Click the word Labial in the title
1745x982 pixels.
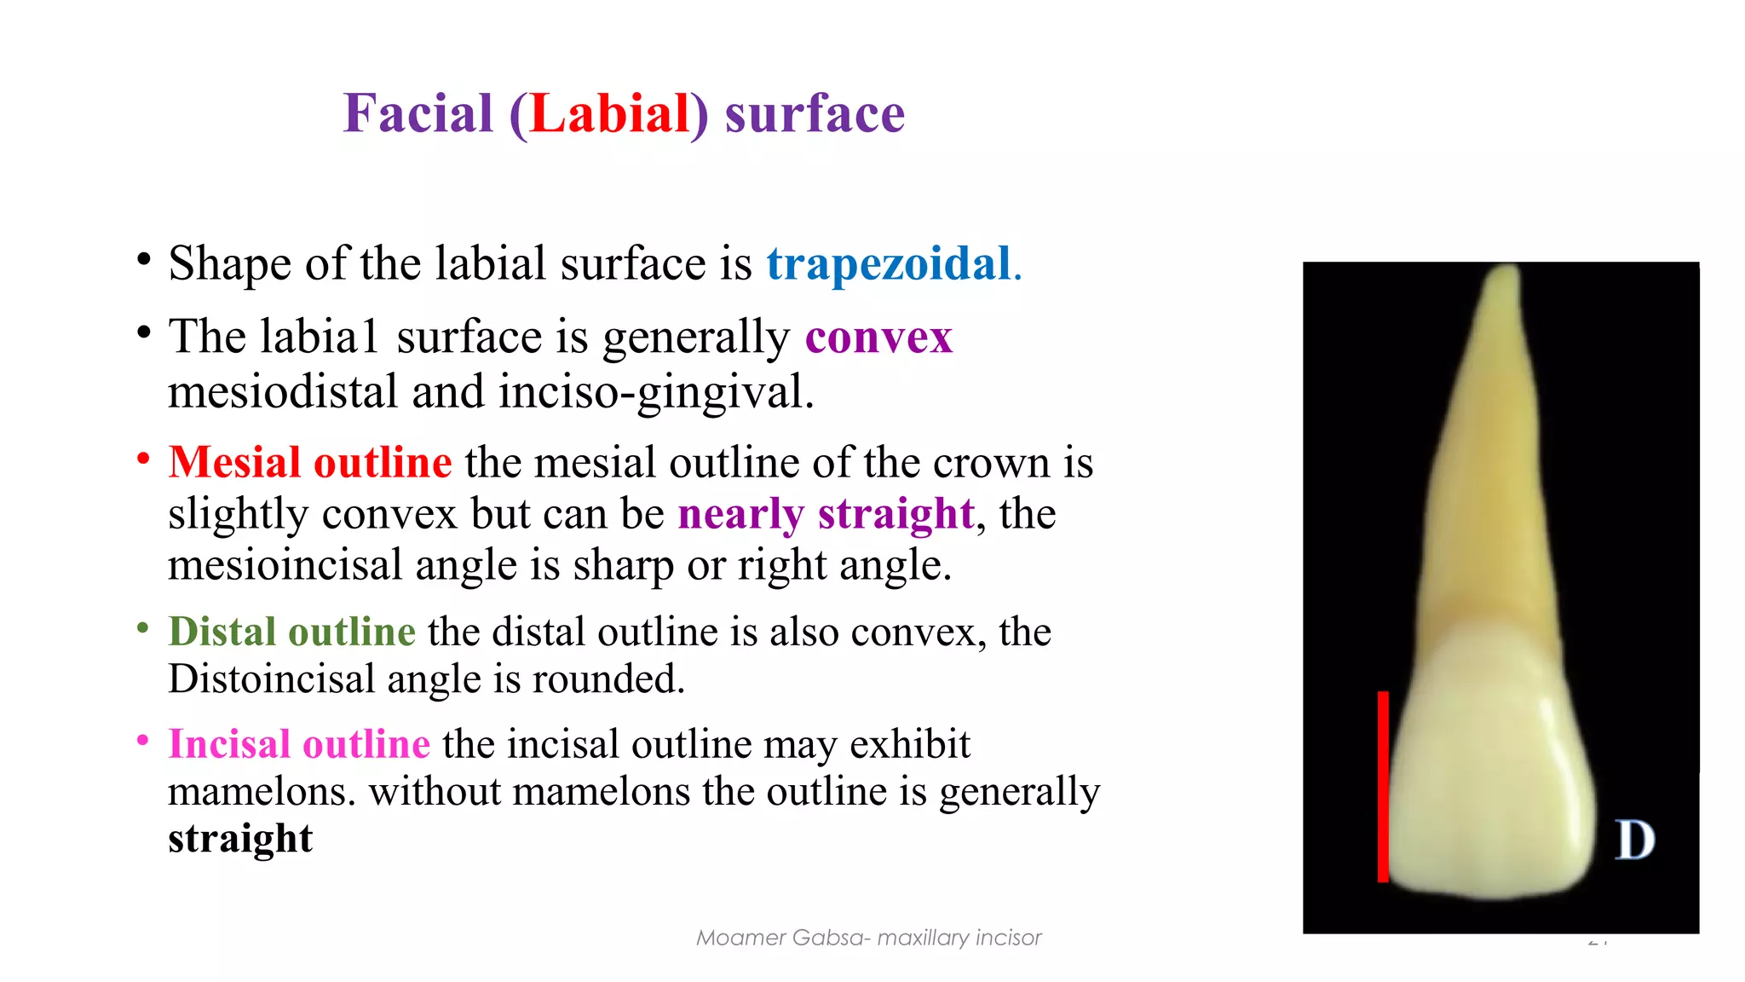(x=609, y=113)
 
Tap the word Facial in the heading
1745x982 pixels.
(x=418, y=113)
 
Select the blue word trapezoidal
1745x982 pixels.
(x=889, y=263)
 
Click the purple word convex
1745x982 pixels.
(x=878, y=337)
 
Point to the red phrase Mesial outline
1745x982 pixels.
(x=310, y=463)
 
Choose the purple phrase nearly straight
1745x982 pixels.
(x=826, y=514)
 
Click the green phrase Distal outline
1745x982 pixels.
(x=291, y=632)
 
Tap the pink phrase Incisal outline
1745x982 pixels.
(x=299, y=744)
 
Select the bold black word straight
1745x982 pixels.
(x=240, y=838)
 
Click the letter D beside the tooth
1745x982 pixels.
(x=1635, y=840)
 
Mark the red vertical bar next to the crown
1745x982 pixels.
(x=1383, y=786)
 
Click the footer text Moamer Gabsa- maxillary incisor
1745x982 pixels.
(x=868, y=938)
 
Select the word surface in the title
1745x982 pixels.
(x=815, y=113)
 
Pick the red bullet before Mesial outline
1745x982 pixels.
(x=143, y=459)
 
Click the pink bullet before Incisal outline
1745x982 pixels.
(x=143, y=741)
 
